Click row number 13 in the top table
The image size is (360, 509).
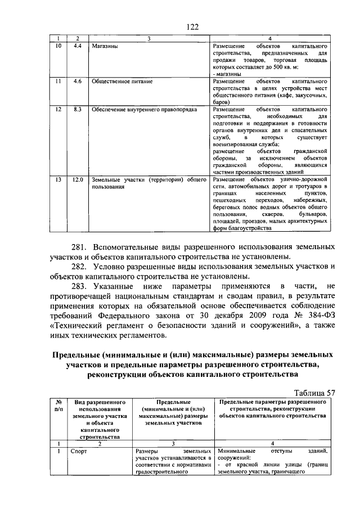click(x=57, y=179)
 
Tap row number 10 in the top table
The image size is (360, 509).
click(x=57, y=45)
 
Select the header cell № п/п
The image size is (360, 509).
click(x=57, y=406)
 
